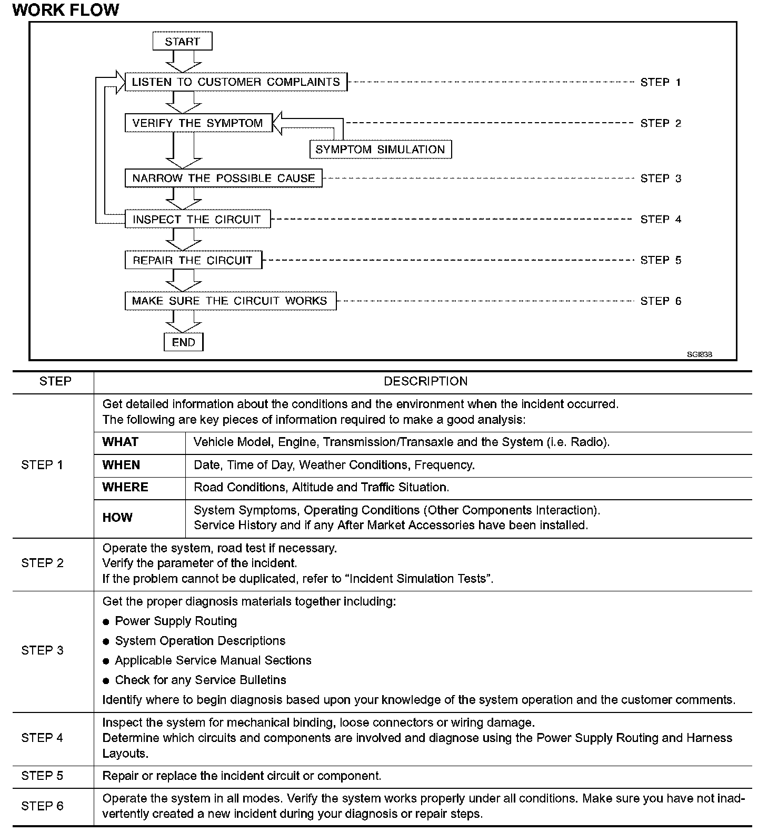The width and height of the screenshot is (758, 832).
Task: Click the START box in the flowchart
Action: (x=182, y=41)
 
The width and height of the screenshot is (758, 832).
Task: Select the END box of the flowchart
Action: (x=183, y=342)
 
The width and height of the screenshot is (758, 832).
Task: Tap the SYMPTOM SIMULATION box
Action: (x=380, y=150)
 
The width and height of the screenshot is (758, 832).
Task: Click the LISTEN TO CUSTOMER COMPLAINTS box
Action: (x=236, y=82)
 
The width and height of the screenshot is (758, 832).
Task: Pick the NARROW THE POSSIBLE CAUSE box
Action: (x=223, y=178)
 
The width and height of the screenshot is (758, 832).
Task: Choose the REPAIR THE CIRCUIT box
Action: (x=193, y=260)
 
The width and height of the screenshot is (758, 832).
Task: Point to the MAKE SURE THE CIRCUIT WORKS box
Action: (x=230, y=301)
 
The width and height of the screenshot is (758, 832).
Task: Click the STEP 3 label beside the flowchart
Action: (x=661, y=179)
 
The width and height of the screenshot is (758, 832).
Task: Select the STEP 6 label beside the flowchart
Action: (x=661, y=301)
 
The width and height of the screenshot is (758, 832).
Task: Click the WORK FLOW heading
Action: (x=66, y=9)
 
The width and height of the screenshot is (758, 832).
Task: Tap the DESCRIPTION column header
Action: (x=425, y=382)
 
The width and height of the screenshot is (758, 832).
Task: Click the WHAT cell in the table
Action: (x=121, y=442)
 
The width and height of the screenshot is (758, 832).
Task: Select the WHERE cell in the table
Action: (x=125, y=487)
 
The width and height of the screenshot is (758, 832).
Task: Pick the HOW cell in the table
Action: (x=117, y=518)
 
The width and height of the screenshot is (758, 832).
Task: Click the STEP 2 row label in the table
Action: (x=42, y=563)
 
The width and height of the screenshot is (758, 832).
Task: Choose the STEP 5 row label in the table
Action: (x=42, y=776)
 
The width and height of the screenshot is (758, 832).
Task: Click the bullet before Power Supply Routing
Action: (x=106, y=622)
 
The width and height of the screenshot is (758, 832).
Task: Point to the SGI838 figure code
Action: (x=699, y=354)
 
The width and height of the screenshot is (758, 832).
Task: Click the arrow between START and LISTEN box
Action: (x=183, y=62)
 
